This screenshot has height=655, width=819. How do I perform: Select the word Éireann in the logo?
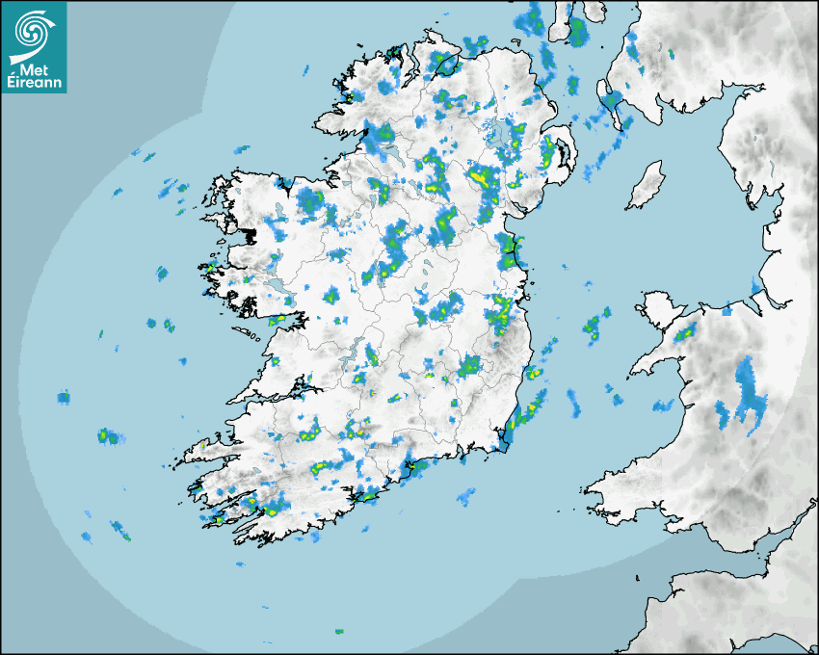pos(35,84)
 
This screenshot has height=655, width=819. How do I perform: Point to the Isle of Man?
pos(646,185)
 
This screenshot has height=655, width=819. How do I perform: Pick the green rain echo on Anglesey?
pos(685,333)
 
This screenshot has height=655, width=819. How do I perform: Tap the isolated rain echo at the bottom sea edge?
pos(338,632)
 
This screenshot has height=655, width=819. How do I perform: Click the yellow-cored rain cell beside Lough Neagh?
pos(480,177)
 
